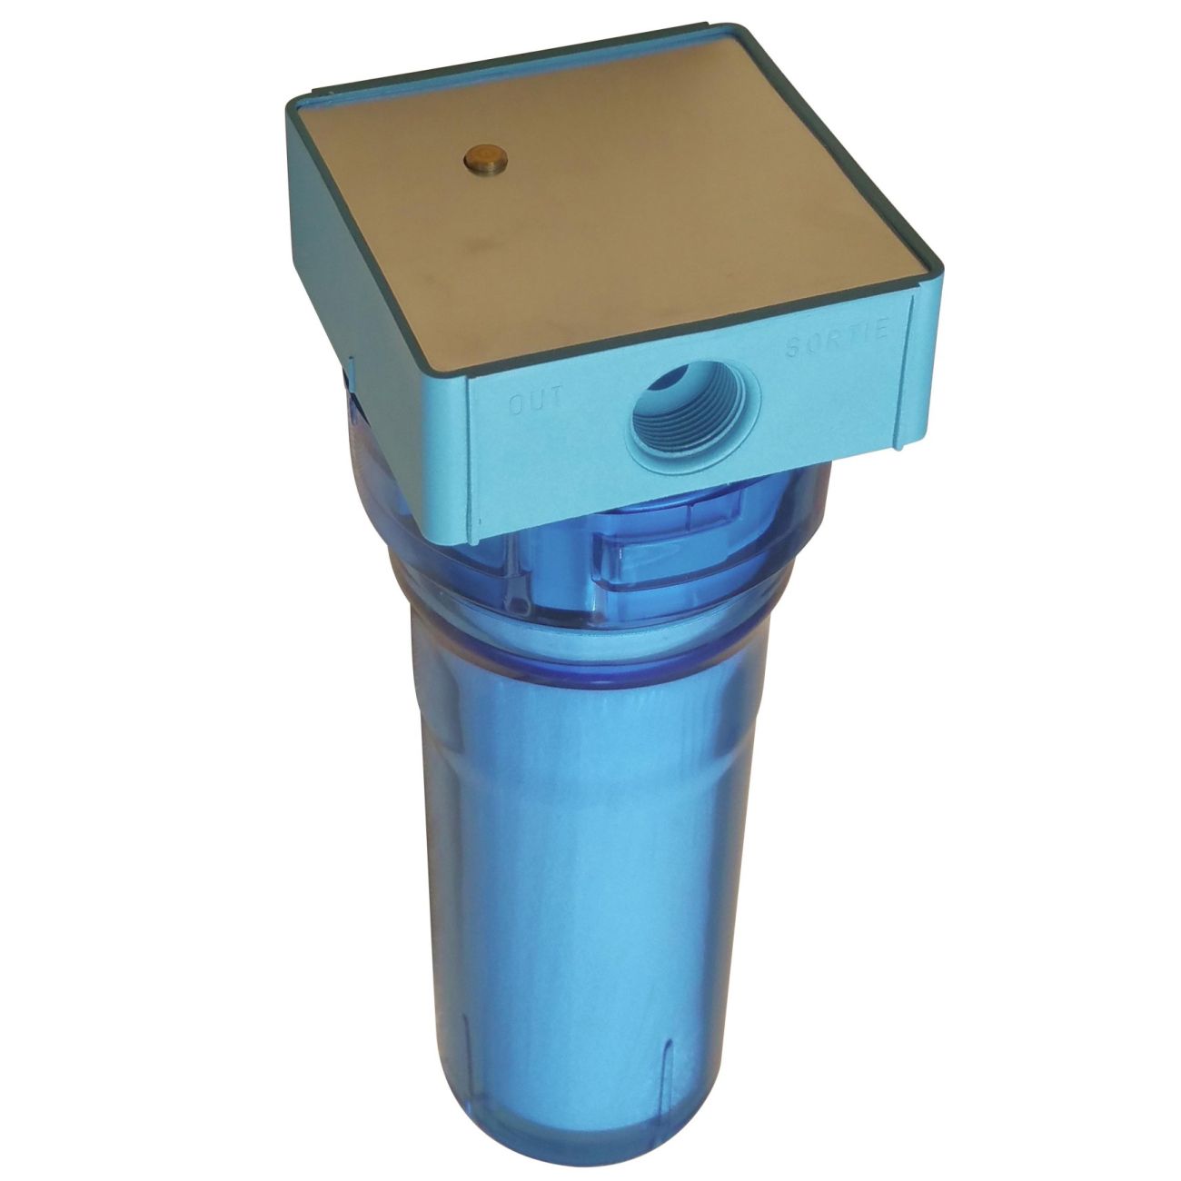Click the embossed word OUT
[536, 401]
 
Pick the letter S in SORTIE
[792, 352]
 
